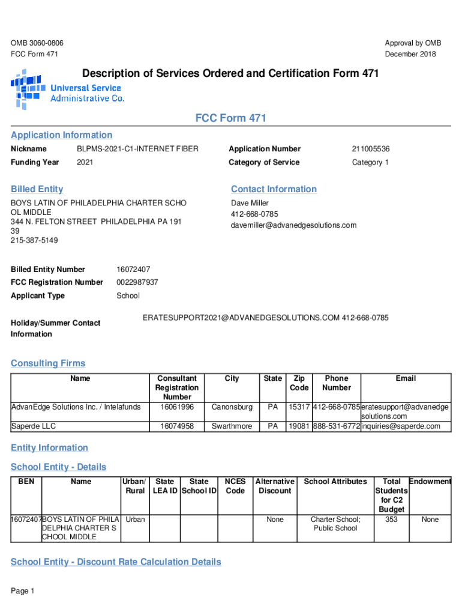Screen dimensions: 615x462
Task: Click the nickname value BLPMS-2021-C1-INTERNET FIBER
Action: coord(137,149)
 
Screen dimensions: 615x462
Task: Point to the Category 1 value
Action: coord(370,163)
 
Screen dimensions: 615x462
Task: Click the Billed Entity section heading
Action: coord(37,189)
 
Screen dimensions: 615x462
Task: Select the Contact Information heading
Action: coord(274,189)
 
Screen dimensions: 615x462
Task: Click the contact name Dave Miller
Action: coord(250,204)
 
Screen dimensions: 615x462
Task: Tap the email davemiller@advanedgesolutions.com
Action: coord(293,225)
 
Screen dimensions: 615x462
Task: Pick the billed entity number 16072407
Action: coord(133,270)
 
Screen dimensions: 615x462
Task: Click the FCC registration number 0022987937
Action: coord(137,282)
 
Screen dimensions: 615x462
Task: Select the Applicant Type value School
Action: coord(128,296)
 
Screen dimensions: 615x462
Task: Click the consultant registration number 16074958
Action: coord(177,426)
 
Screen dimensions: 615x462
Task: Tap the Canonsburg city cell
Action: coord(232,407)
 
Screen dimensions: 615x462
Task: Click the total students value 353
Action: coord(391,520)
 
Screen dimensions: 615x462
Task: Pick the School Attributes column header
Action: coord(335,482)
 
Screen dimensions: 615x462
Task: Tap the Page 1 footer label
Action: coord(23,592)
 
